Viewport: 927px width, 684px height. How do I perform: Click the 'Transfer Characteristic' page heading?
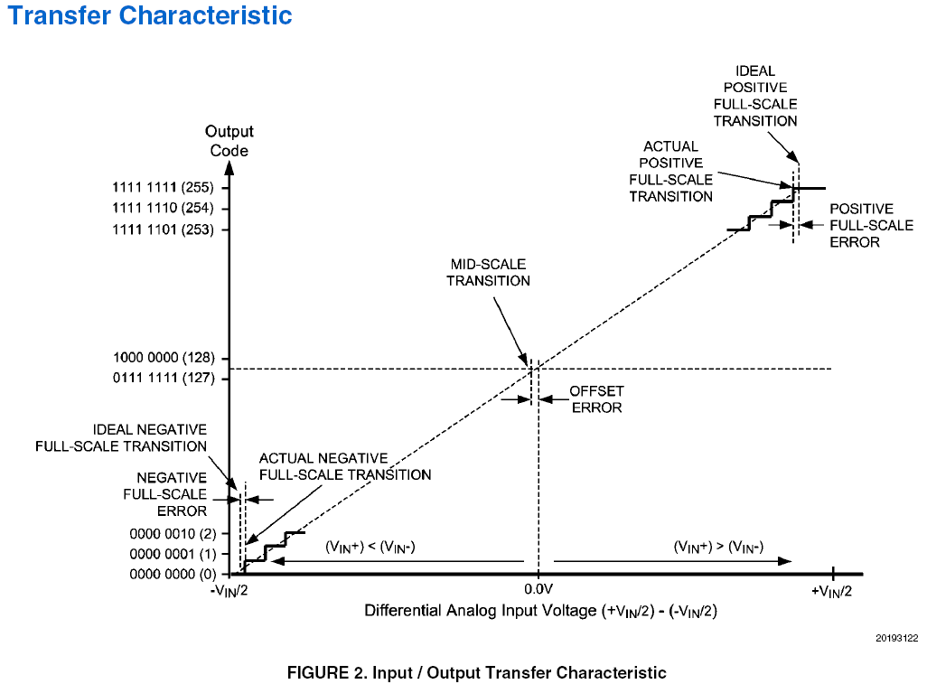pyautogui.click(x=150, y=15)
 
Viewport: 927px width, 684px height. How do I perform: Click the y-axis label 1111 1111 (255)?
pyautogui.click(x=164, y=188)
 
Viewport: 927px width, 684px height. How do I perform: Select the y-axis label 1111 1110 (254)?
pyautogui.click(x=164, y=208)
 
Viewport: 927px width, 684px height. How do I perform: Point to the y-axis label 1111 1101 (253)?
pyautogui.click(x=164, y=230)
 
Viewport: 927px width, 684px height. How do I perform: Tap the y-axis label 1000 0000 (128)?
pyautogui.click(x=164, y=359)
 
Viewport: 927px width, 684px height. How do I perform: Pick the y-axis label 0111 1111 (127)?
pyautogui.click(x=164, y=379)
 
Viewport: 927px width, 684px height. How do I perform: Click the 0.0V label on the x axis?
pyautogui.click(x=538, y=590)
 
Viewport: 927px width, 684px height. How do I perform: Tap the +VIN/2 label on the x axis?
pyautogui.click(x=832, y=591)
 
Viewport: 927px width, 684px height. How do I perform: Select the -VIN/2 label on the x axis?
pyautogui.click(x=229, y=591)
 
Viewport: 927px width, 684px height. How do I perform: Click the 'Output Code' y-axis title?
pyautogui.click(x=229, y=141)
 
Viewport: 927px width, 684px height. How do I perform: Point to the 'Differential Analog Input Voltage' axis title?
pyautogui.click(x=540, y=611)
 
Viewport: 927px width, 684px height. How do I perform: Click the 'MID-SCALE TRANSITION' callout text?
pyautogui.click(x=488, y=272)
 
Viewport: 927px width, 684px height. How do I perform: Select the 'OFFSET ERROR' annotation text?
pyautogui.click(x=596, y=399)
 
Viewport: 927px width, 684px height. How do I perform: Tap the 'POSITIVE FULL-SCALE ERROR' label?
pyautogui.click(x=871, y=225)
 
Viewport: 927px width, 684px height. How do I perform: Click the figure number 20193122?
pyautogui.click(x=896, y=639)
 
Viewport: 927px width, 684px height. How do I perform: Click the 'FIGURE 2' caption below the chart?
pyautogui.click(x=476, y=672)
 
